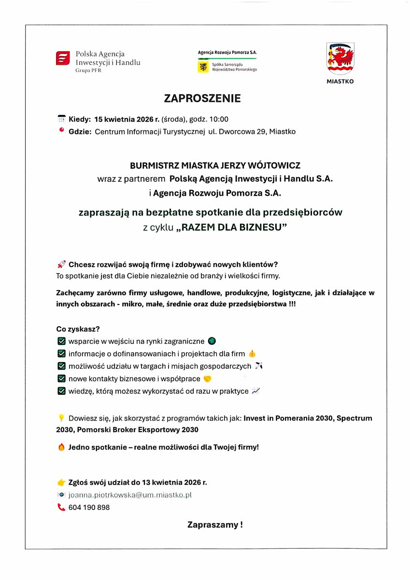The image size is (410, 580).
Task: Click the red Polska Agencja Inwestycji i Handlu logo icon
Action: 63,58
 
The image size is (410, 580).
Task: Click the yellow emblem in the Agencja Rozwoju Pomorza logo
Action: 203,67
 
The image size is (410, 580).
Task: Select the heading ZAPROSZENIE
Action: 202,99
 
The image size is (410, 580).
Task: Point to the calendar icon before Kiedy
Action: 61,119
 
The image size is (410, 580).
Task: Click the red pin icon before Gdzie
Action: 61,130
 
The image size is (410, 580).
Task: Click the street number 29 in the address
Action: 260,131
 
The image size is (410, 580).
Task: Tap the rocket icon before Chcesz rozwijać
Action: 61,264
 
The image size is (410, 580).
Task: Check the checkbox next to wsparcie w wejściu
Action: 61,341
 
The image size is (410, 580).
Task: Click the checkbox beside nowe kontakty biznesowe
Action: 61,379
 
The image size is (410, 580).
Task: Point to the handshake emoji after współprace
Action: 207,379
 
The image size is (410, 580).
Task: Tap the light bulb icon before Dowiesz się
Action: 61,418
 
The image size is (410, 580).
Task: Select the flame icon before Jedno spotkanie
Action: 61,447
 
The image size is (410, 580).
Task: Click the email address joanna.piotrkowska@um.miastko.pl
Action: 130,495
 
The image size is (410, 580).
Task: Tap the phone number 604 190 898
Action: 89,507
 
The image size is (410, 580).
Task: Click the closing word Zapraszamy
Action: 212,524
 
